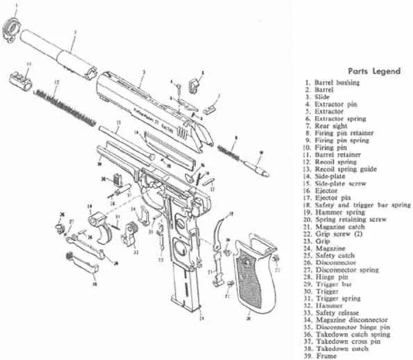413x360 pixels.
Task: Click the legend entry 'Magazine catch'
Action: [x=338, y=226]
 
